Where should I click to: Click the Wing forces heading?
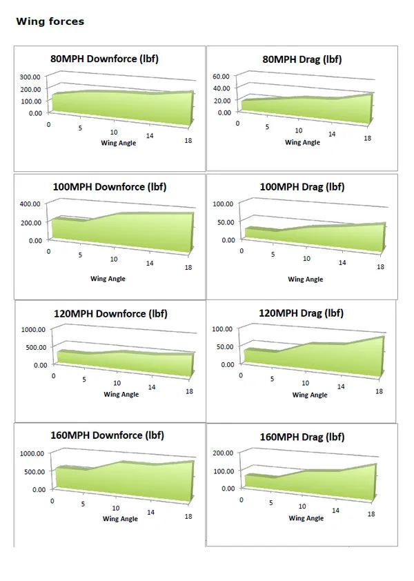tap(50, 21)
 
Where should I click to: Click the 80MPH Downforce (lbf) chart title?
tap(104, 59)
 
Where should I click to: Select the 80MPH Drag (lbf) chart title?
tap(302, 59)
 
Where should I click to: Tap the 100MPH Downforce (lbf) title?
tap(110, 186)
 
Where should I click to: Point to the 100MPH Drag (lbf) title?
tap(302, 186)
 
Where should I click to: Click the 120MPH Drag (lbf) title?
tap(301, 313)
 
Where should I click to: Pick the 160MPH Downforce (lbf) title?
tap(107, 435)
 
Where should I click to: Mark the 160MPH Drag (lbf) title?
tap(302, 437)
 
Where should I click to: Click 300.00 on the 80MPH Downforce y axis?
tap(30, 77)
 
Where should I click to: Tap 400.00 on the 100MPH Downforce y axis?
tap(30, 204)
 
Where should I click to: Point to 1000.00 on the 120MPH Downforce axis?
tap(32, 329)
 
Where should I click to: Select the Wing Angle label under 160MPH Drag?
tap(306, 518)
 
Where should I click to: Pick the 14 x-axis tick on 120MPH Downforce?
tap(152, 387)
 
